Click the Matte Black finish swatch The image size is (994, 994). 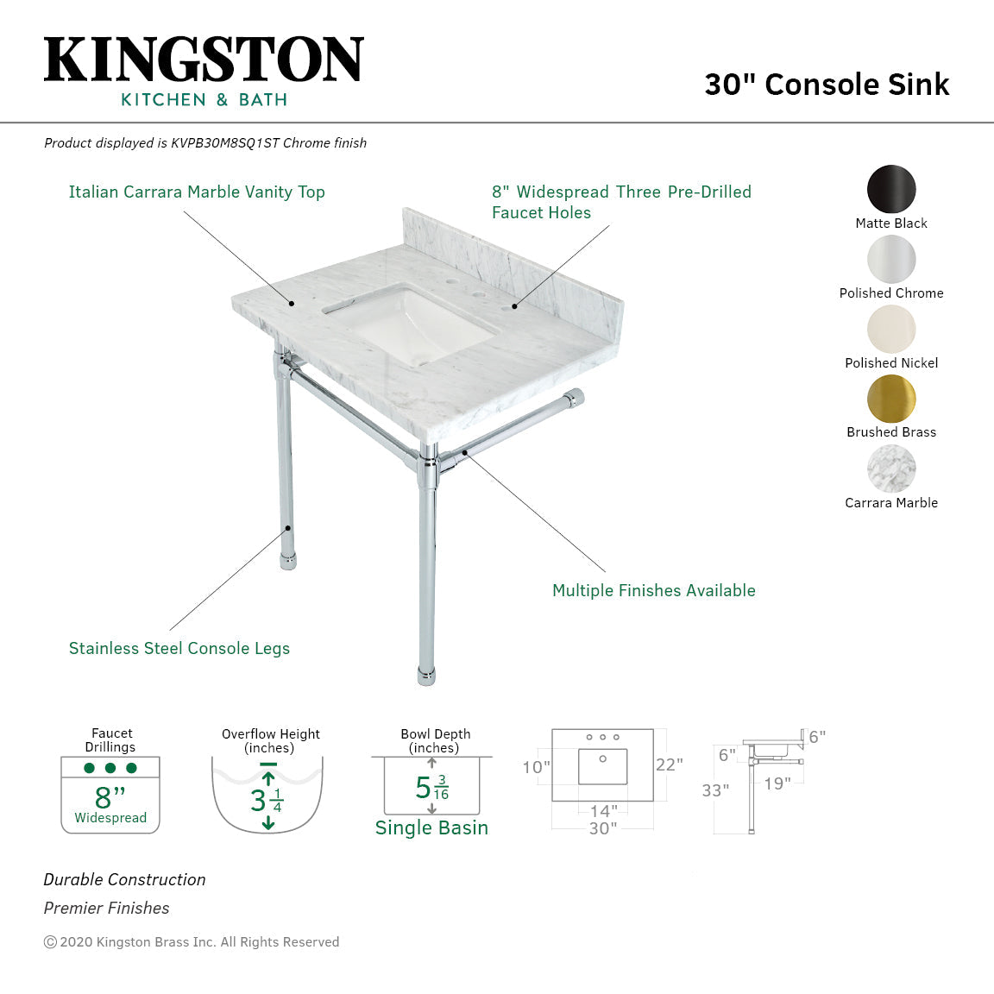pyautogui.click(x=891, y=189)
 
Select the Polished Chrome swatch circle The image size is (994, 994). pyautogui.click(x=891, y=259)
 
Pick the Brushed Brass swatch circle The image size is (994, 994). pyautogui.click(x=891, y=399)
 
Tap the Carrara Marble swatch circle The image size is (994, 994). pyautogui.click(x=891, y=469)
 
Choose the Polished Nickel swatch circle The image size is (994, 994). pyautogui.click(x=891, y=329)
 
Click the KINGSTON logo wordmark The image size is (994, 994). pyautogui.click(x=204, y=60)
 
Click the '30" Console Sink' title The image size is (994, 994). pyautogui.click(x=827, y=85)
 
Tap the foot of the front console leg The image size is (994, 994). pyautogui.click(x=426, y=675)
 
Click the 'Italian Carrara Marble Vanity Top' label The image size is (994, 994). pyautogui.click(x=197, y=192)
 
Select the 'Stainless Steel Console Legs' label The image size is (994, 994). pyautogui.click(x=179, y=649)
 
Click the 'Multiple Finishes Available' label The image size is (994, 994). pyautogui.click(x=653, y=591)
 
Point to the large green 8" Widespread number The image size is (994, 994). pyautogui.click(x=110, y=796)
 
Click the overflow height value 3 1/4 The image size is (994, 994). pyautogui.click(x=267, y=801)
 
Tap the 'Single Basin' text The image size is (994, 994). pyautogui.click(x=431, y=828)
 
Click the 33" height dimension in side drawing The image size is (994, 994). pyautogui.click(x=715, y=790)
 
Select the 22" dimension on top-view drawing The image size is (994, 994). pyautogui.click(x=669, y=765)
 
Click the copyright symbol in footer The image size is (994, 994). pyautogui.click(x=50, y=942)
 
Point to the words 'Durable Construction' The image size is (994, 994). pyautogui.click(x=124, y=880)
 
